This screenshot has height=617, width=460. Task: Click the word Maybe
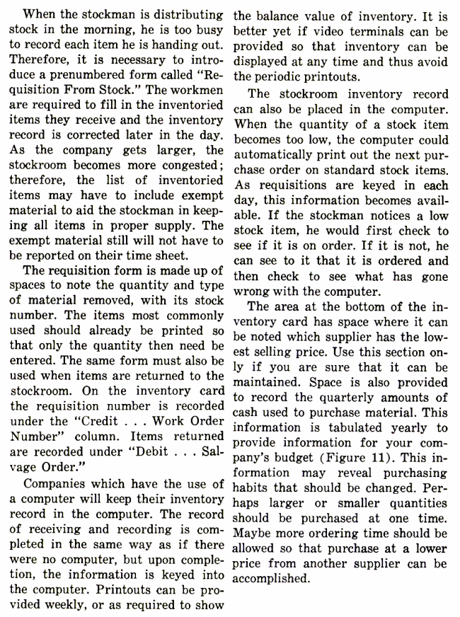pos(253,531)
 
